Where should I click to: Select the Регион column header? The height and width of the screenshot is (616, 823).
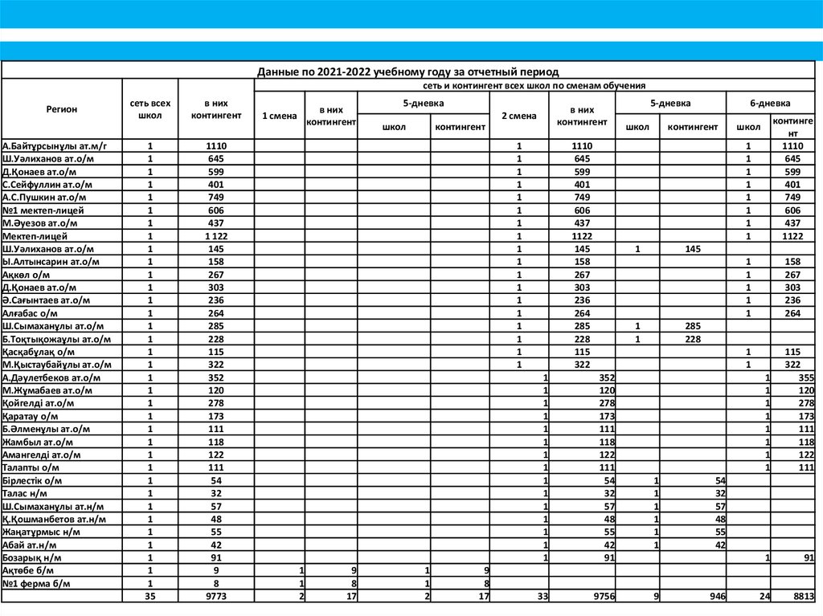pyautogui.click(x=62, y=109)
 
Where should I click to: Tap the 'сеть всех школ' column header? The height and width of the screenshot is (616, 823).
pyautogui.click(x=149, y=109)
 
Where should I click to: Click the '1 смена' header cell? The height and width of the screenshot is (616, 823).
pyautogui.click(x=279, y=116)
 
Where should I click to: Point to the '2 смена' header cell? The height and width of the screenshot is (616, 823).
pyautogui.click(x=519, y=116)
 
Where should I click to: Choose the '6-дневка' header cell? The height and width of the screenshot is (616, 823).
pyautogui.click(x=770, y=104)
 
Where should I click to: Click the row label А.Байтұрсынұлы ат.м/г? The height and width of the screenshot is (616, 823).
pyautogui.click(x=55, y=146)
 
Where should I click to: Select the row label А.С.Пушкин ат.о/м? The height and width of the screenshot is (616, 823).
pyautogui.click(x=45, y=198)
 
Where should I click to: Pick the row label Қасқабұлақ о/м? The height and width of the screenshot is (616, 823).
pyautogui.click(x=39, y=352)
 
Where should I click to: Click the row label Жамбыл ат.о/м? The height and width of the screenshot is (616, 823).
pyautogui.click(x=38, y=442)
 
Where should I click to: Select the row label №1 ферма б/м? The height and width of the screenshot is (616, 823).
pyautogui.click(x=37, y=583)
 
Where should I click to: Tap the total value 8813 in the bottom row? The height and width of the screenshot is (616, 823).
pyautogui.click(x=803, y=597)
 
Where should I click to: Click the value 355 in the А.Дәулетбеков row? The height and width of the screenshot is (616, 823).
pyautogui.click(x=805, y=377)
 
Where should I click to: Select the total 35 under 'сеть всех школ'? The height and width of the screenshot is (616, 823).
pyautogui.click(x=149, y=597)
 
